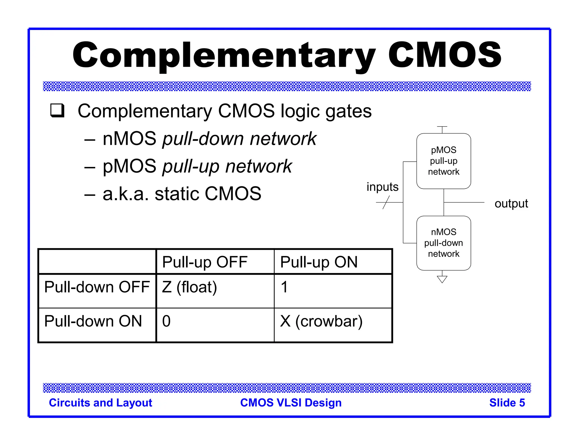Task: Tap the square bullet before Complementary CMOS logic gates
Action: [x=57, y=111]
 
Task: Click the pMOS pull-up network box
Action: [x=443, y=161]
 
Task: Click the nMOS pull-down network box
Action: [x=443, y=243]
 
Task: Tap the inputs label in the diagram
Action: [x=382, y=187]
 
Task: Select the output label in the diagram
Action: [x=511, y=203]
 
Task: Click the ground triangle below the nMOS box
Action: [x=442, y=279]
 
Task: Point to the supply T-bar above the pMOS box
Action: [x=442, y=128]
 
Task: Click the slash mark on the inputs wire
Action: [x=386, y=202]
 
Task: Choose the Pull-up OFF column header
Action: [x=205, y=262]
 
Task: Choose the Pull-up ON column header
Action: [x=319, y=262]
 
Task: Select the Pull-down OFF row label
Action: [x=97, y=287]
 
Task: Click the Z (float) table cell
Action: [x=189, y=287]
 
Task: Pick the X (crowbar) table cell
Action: [x=321, y=321]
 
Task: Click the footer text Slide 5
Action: [x=507, y=403]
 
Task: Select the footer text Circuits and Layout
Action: [x=100, y=403]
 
